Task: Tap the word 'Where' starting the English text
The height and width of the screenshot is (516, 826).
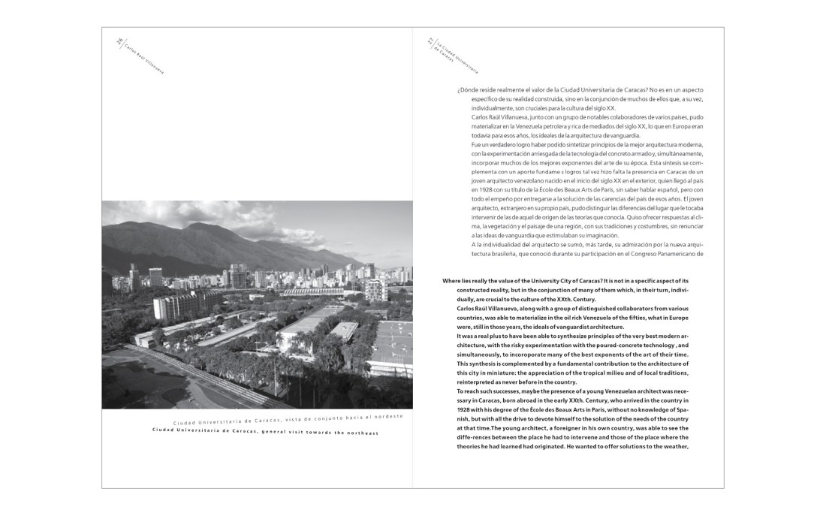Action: tap(453, 280)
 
